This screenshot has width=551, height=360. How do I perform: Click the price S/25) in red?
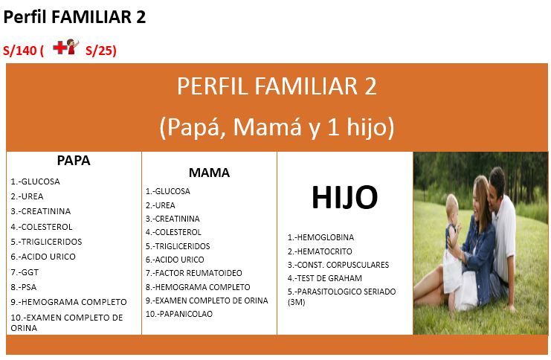pyautogui.click(x=101, y=51)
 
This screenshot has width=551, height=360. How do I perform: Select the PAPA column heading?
pyautogui.click(x=74, y=161)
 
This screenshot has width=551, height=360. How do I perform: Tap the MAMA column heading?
pyautogui.click(x=209, y=173)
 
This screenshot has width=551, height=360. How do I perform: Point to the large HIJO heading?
pyautogui.click(x=344, y=198)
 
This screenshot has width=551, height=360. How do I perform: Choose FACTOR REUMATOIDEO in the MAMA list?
pyautogui.click(x=197, y=273)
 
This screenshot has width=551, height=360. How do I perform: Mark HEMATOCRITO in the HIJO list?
pyautogui.click(x=325, y=251)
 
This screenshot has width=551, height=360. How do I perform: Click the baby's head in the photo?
pyautogui.click(x=451, y=205)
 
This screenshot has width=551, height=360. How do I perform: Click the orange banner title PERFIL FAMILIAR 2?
pyautogui.click(x=277, y=86)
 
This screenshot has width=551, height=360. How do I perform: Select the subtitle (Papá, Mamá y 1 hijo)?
pyautogui.click(x=277, y=127)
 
